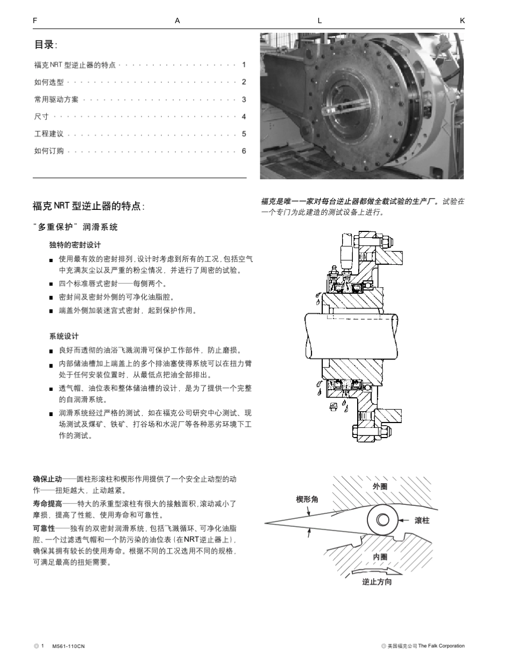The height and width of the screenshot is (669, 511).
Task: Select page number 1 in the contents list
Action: pyautogui.click(x=244, y=65)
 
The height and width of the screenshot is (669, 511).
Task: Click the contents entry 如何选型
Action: pyautogui.click(x=48, y=82)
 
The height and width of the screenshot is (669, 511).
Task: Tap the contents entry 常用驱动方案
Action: pyautogui.click(x=56, y=100)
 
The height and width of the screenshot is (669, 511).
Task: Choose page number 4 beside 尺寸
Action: pyautogui.click(x=244, y=117)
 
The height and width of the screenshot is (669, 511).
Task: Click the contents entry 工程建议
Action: pyautogui.click(x=48, y=134)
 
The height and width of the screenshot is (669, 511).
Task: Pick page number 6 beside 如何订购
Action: pyautogui.click(x=244, y=151)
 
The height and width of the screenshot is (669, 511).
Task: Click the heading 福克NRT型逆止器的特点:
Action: pyautogui.click(x=89, y=207)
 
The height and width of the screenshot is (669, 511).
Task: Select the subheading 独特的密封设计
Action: pyautogui.click(x=75, y=245)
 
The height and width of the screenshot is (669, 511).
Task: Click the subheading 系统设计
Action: pyautogui.click(x=63, y=336)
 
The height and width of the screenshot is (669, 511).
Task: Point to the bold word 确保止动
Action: pyautogui.click(x=47, y=478)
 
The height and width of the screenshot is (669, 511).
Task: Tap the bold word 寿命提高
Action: pyautogui.click(x=47, y=504)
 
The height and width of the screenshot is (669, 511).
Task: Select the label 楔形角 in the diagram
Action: pyautogui.click(x=307, y=499)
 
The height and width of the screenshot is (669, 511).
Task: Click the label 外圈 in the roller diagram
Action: pyautogui.click(x=380, y=486)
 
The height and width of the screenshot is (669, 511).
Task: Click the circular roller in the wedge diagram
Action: pyautogui.click(x=383, y=520)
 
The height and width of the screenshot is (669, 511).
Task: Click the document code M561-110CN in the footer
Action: pyautogui.click(x=68, y=646)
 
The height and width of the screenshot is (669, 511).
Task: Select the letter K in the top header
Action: pyautogui.click(x=463, y=20)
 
